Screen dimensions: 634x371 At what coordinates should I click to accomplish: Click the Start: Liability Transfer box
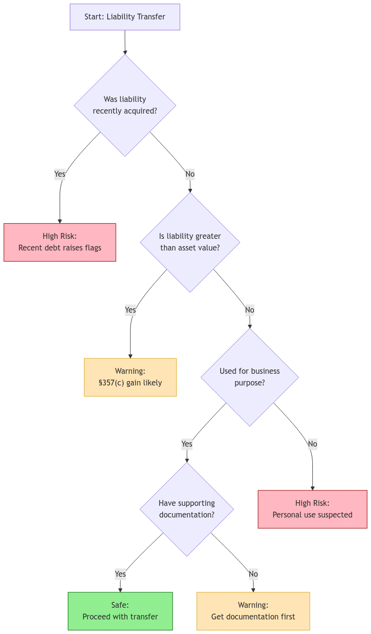pyautogui.click(x=125, y=17)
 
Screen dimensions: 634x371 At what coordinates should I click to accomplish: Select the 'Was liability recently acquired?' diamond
pyautogui.click(x=125, y=105)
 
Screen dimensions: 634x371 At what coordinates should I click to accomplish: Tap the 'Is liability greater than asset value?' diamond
pyautogui.click(x=190, y=242)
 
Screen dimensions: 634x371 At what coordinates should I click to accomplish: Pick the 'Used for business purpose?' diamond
pyautogui.click(x=250, y=377)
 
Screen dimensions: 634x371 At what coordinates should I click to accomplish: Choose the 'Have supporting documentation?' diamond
pyautogui.click(x=187, y=509)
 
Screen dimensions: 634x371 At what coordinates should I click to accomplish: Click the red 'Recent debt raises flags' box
pyautogui.click(x=60, y=242)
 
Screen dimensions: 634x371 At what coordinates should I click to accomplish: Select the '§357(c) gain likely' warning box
pyautogui.click(x=130, y=377)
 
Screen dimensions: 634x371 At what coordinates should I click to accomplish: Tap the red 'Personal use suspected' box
pyautogui.click(x=312, y=509)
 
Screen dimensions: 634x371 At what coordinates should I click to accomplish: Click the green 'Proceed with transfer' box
pyautogui.click(x=120, y=611)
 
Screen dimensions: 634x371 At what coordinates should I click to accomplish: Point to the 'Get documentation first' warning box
pyautogui.click(x=253, y=611)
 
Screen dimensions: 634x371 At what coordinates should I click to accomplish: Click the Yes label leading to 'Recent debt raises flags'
pyautogui.click(x=60, y=174)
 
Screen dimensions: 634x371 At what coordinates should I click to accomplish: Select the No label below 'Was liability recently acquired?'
pyautogui.click(x=190, y=174)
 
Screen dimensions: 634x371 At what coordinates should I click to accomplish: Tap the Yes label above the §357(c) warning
pyautogui.click(x=130, y=310)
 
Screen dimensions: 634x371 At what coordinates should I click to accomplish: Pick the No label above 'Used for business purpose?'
pyautogui.click(x=250, y=310)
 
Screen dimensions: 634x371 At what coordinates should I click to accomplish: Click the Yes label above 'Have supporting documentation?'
pyautogui.click(x=187, y=444)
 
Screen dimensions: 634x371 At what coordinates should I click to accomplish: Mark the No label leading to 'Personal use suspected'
pyautogui.click(x=312, y=444)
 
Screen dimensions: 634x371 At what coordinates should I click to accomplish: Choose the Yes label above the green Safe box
pyautogui.click(x=120, y=574)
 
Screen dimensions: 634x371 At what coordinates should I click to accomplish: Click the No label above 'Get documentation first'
pyautogui.click(x=253, y=574)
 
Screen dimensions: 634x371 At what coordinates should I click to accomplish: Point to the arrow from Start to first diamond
pyautogui.click(x=125, y=43)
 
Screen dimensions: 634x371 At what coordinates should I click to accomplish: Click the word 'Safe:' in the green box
pyautogui.click(x=120, y=605)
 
